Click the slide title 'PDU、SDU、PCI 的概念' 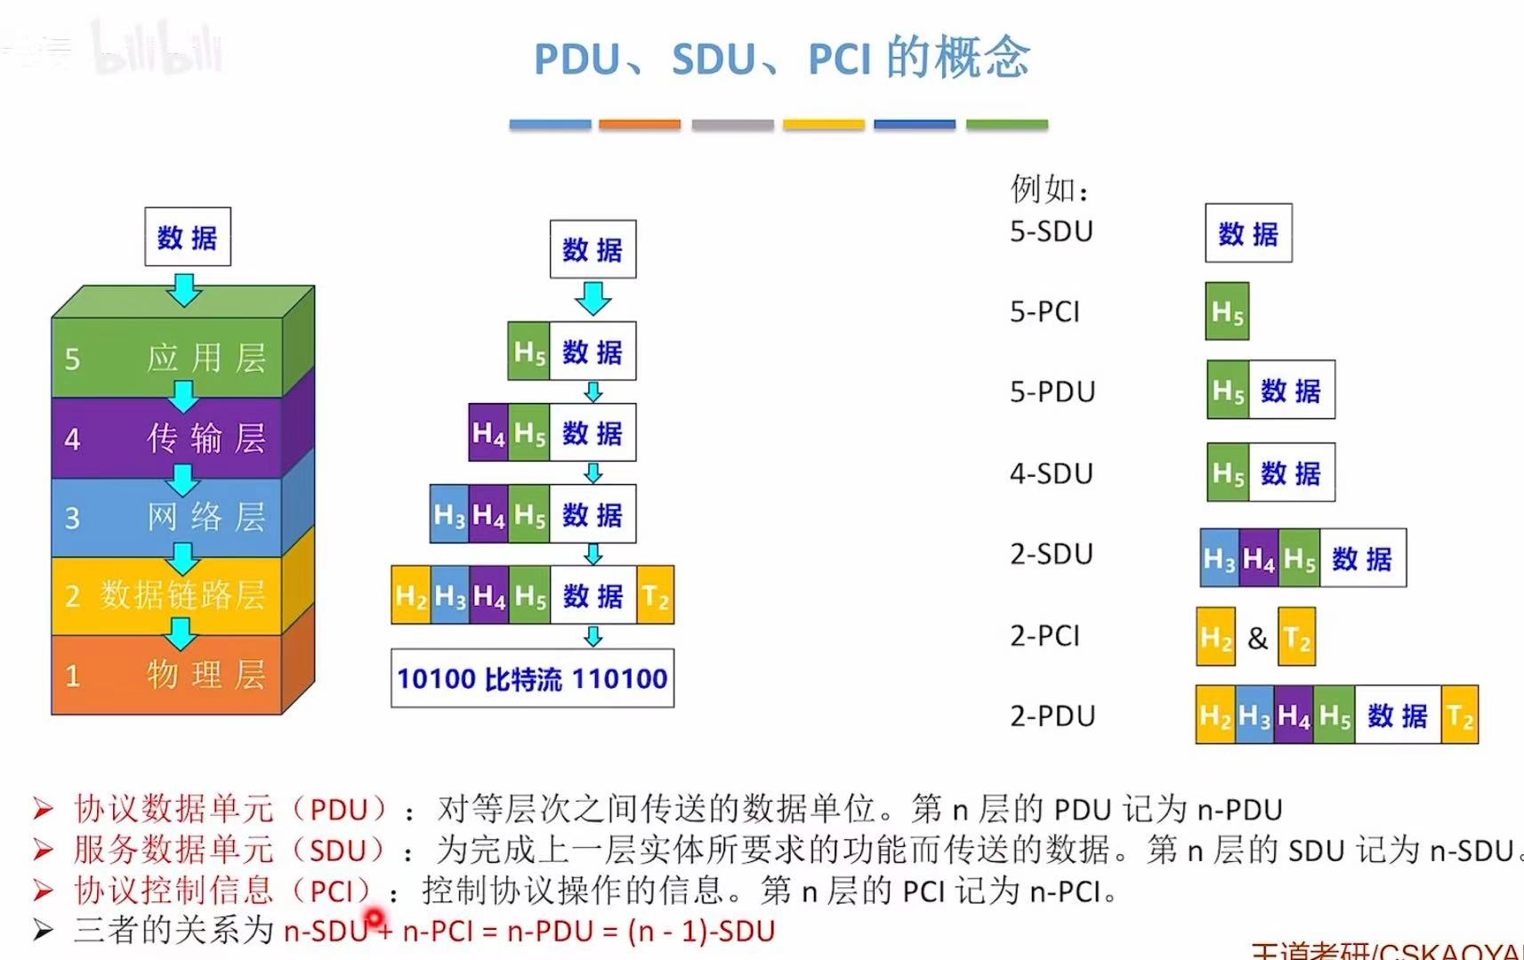[781, 59]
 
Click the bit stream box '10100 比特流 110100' [532, 679]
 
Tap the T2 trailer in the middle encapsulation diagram [656, 595]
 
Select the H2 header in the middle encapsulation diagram [411, 595]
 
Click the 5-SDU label [1051, 231]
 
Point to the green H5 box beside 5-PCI [1227, 311]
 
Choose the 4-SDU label [1051, 473]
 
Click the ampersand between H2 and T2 [1257, 637]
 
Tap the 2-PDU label [1052, 716]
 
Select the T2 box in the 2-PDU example [1459, 715]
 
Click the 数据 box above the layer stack [188, 237]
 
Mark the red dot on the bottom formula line [375, 916]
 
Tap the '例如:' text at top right [1050, 189]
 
